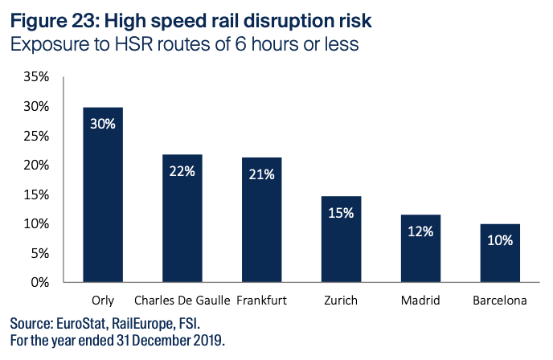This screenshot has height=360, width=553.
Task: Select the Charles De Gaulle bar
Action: [182, 218]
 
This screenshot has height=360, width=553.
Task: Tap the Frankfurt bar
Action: [261, 219]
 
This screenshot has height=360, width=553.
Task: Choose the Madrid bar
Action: [420, 248]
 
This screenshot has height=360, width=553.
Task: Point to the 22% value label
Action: [182, 170]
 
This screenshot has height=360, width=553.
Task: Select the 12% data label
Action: [420, 231]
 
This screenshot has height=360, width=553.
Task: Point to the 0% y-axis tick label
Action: [41, 282]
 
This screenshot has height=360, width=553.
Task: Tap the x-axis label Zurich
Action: [341, 301]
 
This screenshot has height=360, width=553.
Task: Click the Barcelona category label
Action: [499, 301]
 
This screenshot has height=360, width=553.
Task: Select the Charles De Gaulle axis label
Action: [182, 301]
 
